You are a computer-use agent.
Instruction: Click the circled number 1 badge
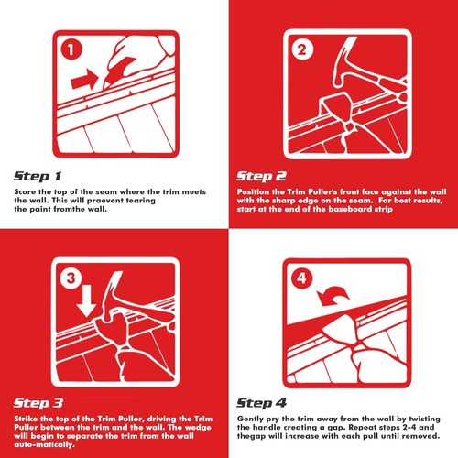(71, 49)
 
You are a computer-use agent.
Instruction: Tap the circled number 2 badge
(302, 49)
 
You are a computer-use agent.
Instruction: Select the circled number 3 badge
(71, 278)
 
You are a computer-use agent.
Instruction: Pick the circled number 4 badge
(302, 278)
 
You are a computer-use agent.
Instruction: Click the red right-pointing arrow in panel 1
(84, 79)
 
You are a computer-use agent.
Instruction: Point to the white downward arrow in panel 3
(87, 300)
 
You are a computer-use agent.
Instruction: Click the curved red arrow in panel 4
(333, 296)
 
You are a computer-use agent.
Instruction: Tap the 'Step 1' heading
(38, 176)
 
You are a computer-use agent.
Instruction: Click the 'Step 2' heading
(261, 176)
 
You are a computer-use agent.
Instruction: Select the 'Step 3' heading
(38, 403)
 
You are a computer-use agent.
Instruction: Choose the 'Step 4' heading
(262, 403)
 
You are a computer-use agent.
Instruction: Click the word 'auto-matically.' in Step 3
(44, 444)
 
